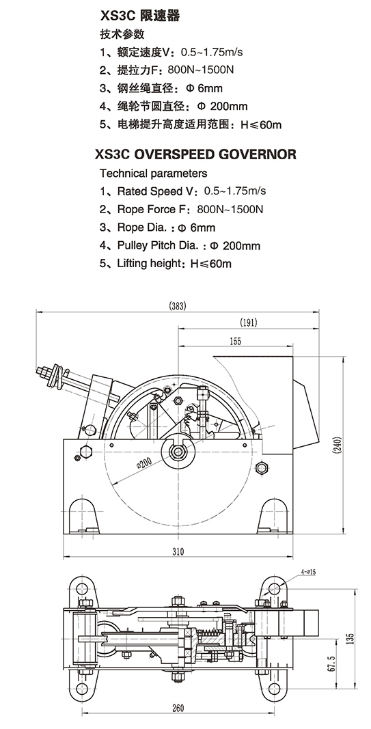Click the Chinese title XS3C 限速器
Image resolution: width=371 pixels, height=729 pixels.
[x=140, y=16]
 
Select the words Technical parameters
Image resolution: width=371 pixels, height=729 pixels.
[x=154, y=174]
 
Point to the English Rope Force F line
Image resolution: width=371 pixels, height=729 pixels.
[x=181, y=209]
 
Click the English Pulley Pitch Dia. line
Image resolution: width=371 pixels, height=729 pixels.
[x=180, y=245]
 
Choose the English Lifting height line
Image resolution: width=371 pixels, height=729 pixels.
[x=165, y=264]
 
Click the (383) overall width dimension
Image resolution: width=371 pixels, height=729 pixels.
[x=177, y=306]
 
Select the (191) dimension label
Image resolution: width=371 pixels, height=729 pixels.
[x=248, y=322]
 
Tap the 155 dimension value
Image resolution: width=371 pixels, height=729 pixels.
[x=235, y=341]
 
